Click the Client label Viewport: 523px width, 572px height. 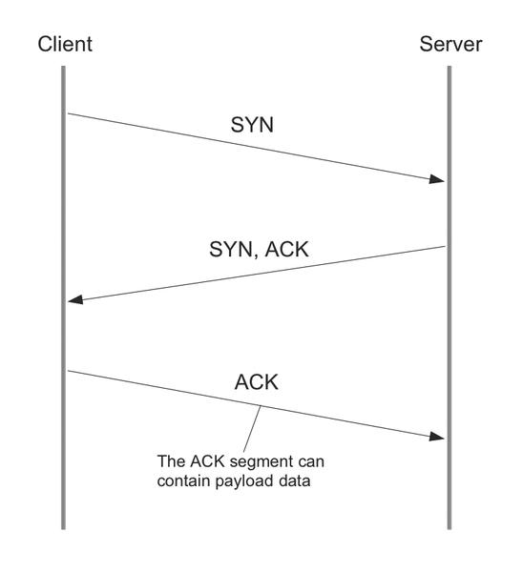coord(65,44)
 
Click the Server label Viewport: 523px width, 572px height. coord(450,44)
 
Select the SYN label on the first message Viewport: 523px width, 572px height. coord(252,125)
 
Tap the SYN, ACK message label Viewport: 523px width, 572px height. coord(259,250)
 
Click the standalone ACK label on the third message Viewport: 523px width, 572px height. coord(257,382)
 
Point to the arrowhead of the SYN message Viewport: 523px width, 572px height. coord(437,179)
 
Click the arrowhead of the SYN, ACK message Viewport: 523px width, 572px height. coord(75,299)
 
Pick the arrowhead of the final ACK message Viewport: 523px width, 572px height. coord(437,437)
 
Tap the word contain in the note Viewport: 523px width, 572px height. coord(184,480)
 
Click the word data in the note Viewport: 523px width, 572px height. coord(294,480)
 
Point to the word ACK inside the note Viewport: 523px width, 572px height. coord(207,461)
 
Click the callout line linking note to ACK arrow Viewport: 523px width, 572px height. coord(252,429)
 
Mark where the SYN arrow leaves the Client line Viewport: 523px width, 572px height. coord(68,113)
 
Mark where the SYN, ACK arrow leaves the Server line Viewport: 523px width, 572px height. coord(445,247)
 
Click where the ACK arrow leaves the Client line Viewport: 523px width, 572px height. coord(68,371)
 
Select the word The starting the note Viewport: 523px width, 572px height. coord(171,461)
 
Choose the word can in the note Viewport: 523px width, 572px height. coord(311,462)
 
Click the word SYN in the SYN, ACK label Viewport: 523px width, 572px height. coord(231,250)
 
